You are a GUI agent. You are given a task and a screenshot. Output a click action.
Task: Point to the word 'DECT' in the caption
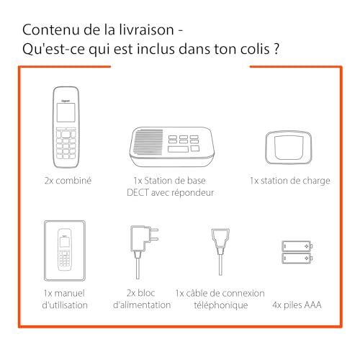140,193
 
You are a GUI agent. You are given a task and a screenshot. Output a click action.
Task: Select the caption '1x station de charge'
289,180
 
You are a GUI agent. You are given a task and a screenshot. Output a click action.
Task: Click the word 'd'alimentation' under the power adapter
143,305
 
